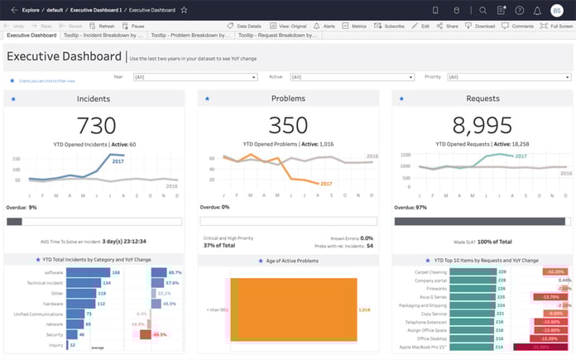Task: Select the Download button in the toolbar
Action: (x=482, y=26)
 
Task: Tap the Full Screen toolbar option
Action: (x=557, y=26)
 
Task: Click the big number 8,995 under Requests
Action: (x=481, y=127)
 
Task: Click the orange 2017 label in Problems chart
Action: (x=326, y=184)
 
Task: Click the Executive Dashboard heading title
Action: (x=65, y=57)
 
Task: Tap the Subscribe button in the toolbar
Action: (x=391, y=26)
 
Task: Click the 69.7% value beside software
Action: (x=175, y=272)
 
